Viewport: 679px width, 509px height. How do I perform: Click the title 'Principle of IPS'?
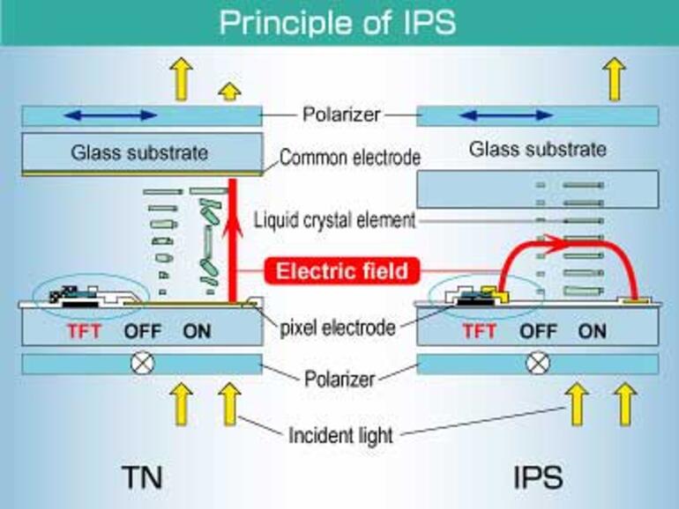(x=338, y=23)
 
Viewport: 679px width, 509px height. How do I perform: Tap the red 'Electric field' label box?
(x=341, y=270)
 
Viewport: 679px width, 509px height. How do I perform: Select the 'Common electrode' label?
(x=349, y=158)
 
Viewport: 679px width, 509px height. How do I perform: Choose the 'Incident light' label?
(x=339, y=434)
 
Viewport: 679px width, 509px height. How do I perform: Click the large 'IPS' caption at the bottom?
(x=536, y=476)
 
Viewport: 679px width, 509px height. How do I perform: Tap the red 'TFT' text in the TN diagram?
(x=83, y=333)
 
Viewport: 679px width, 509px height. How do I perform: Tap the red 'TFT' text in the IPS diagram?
(x=479, y=333)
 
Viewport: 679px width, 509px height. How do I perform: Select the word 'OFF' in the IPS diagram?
(x=538, y=333)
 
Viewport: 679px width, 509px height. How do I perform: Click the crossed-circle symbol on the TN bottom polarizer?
(x=139, y=363)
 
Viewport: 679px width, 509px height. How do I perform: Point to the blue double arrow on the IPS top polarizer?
(x=505, y=115)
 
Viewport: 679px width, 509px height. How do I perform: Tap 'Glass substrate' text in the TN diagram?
(x=139, y=152)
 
